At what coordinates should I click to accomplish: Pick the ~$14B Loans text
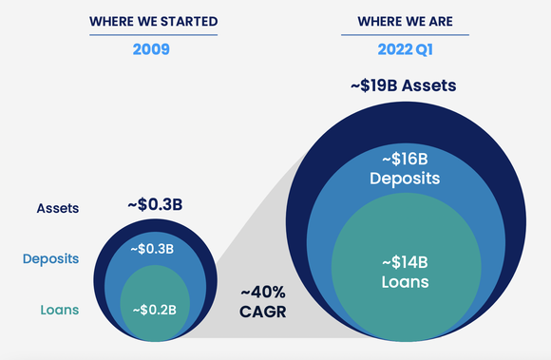click(403, 273)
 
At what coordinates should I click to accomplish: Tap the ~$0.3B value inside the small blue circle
click(152, 249)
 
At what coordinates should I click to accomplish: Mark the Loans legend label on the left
click(58, 309)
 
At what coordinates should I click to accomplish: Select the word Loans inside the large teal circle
click(403, 282)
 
